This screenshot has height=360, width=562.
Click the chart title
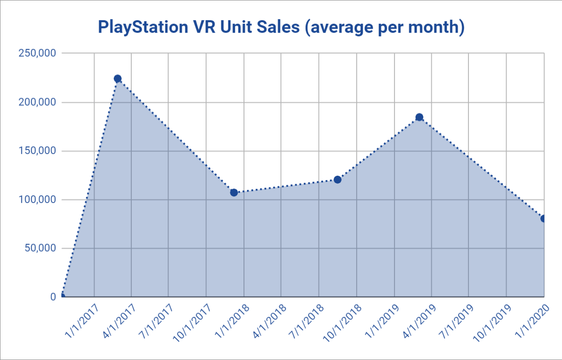[281, 28]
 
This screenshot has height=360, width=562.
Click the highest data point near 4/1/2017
[118, 79]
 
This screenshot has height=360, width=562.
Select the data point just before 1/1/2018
[234, 192]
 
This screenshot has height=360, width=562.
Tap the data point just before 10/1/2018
[338, 180]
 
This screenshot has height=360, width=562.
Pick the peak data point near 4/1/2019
[419, 117]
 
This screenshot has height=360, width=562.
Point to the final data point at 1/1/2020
[543, 219]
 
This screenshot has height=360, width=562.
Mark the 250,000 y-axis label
[37, 53]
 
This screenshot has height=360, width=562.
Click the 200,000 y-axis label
[37, 102]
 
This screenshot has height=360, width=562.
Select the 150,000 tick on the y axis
[37, 151]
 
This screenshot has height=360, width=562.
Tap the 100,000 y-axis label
[37, 200]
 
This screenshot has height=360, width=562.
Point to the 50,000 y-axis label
[39, 248]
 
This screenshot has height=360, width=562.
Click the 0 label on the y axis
[52, 297]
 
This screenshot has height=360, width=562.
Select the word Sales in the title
[277, 28]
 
